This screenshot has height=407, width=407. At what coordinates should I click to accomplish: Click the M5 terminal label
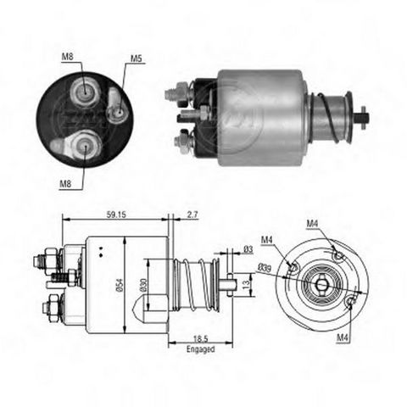click(x=136, y=59)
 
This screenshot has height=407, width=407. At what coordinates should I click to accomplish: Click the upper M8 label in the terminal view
click(x=68, y=57)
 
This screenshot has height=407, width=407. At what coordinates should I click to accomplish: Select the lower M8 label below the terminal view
click(x=65, y=184)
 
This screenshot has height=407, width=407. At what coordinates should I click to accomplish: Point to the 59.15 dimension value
click(x=116, y=215)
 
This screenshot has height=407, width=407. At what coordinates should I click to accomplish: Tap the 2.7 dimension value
click(x=192, y=215)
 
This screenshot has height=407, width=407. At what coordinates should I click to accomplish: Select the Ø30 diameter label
click(x=143, y=286)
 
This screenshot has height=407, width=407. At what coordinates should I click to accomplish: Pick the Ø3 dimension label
click(x=248, y=249)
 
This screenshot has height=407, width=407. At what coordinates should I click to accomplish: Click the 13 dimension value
click(x=247, y=283)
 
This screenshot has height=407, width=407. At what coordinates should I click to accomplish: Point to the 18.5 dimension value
click(x=201, y=338)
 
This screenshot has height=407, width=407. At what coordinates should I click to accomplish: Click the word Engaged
click(x=201, y=349)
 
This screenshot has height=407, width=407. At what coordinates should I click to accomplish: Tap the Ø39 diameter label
click(x=264, y=267)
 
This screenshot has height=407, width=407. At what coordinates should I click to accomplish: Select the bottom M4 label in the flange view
click(x=343, y=337)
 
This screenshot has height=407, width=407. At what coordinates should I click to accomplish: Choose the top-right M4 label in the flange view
click(x=313, y=224)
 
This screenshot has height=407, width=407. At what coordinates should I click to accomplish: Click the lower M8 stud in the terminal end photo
click(x=85, y=146)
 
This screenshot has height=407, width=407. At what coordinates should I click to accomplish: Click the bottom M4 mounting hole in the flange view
click(x=350, y=301)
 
